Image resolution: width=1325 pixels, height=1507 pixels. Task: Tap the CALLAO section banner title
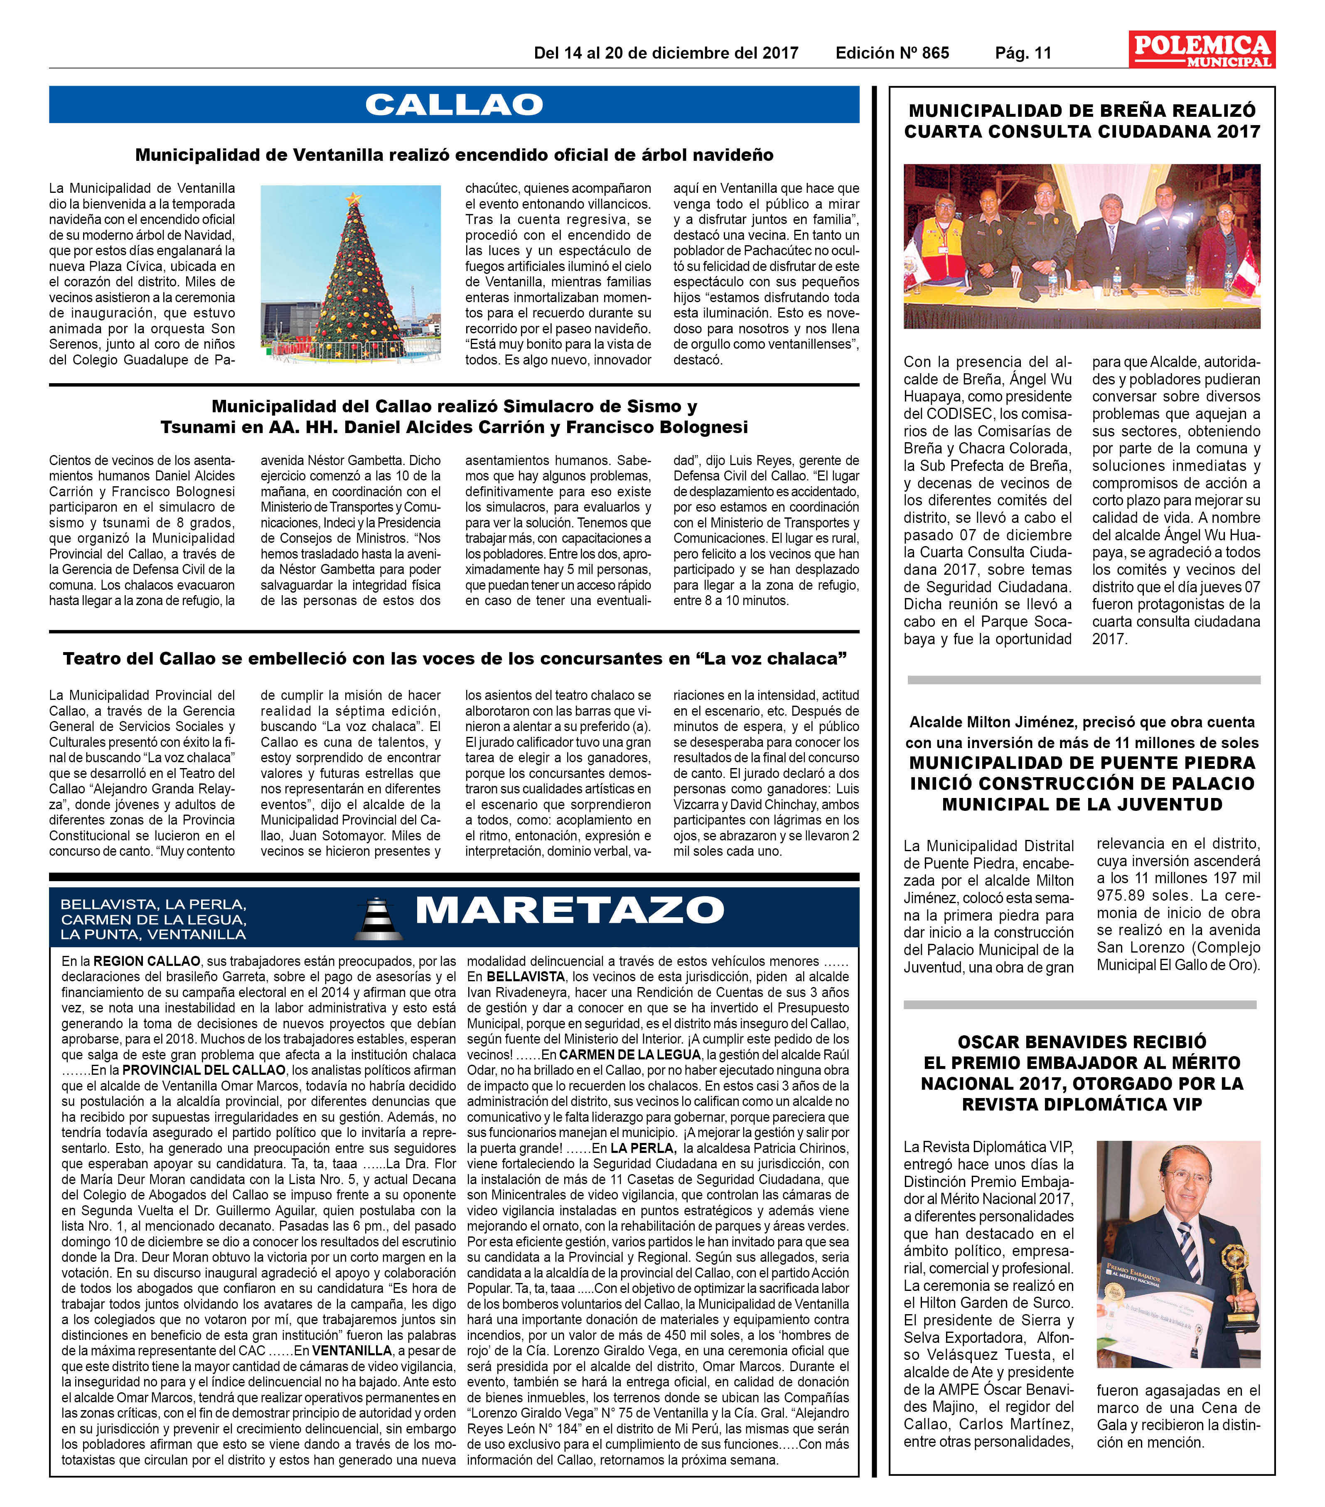click(454, 105)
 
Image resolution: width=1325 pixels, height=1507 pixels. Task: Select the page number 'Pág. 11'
click(1023, 53)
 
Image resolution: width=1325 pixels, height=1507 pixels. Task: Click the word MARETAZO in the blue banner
click(570, 911)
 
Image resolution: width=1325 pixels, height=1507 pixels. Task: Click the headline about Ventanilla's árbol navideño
click(454, 155)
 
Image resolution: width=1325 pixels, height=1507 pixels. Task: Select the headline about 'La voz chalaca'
click(454, 658)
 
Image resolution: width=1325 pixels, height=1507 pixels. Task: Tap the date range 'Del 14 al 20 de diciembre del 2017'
click(666, 53)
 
